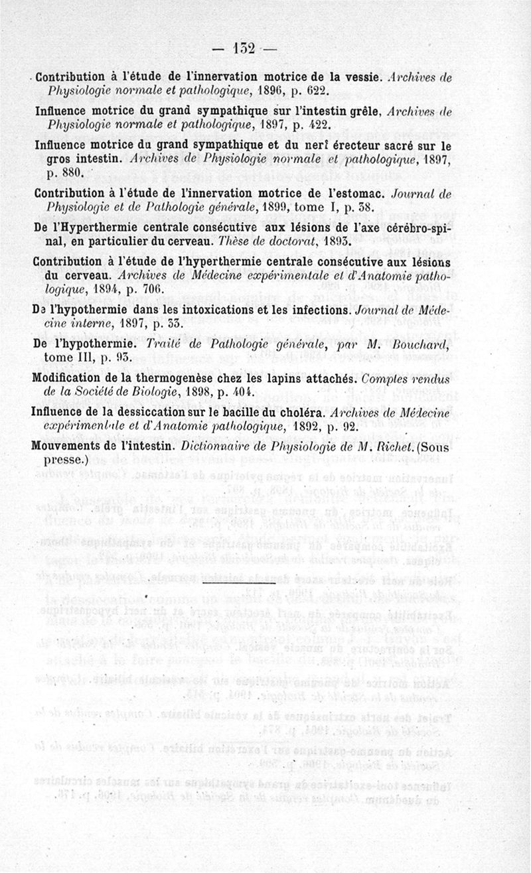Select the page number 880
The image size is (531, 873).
point(68,172)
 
